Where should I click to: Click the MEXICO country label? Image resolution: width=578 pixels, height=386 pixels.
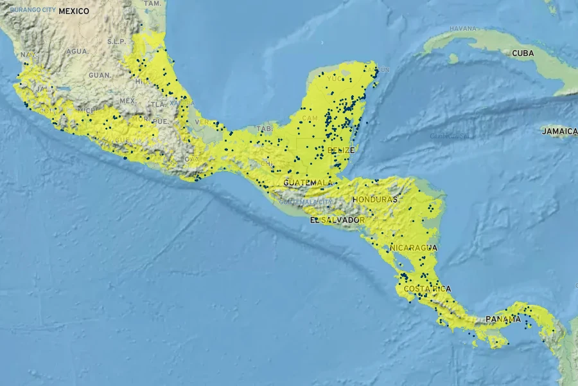[x=74, y=11]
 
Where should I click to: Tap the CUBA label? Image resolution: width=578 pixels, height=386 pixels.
[x=523, y=53]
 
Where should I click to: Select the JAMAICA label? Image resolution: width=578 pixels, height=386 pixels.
[x=559, y=131]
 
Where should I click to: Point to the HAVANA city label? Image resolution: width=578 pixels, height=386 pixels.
[x=464, y=28]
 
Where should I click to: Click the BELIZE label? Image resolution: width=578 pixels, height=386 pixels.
[x=341, y=150]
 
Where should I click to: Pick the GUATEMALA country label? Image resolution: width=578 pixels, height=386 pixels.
[x=308, y=183]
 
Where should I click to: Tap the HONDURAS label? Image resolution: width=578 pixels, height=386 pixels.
[x=375, y=199]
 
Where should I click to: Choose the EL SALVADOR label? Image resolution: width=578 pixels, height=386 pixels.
[x=337, y=220]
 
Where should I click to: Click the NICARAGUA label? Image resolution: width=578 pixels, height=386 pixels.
[x=414, y=247]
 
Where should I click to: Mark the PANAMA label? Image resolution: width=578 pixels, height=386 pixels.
[x=503, y=319]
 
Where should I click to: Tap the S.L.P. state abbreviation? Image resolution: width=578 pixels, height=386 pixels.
[x=116, y=41]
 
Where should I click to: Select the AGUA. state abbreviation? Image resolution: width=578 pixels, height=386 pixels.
[x=77, y=51]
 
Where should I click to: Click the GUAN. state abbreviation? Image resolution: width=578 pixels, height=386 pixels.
[x=100, y=75]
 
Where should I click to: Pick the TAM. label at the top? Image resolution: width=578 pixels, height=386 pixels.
[x=153, y=3]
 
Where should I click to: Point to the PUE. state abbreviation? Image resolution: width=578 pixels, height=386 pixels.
[x=160, y=120]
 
